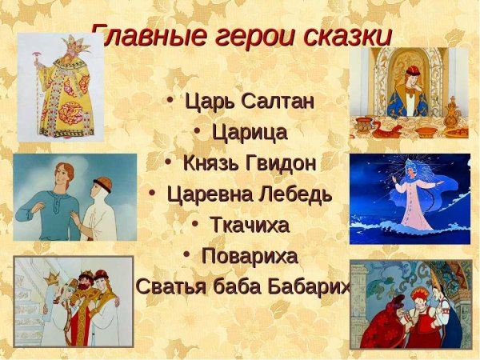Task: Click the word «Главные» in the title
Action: tap(140, 36)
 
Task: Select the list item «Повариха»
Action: tap(249, 256)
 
